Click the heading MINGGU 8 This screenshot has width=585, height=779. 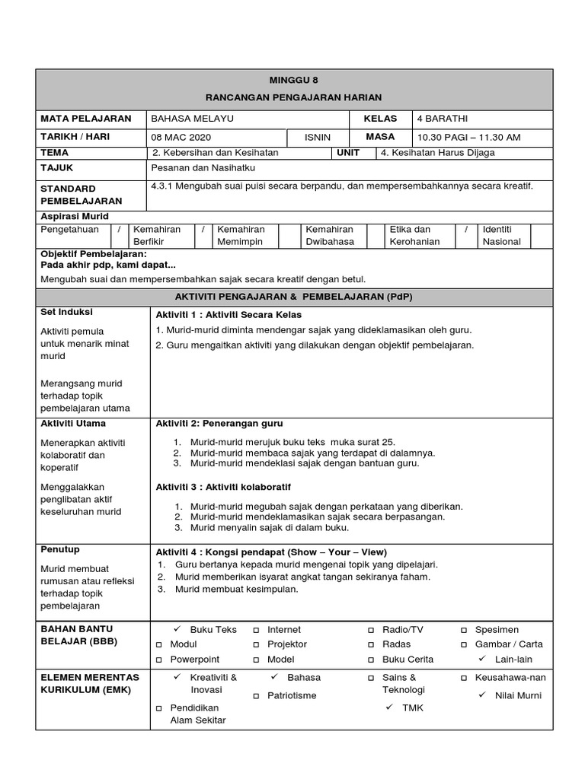293,80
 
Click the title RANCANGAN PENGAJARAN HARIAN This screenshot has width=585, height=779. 293,97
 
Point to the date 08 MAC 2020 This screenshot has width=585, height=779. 181,138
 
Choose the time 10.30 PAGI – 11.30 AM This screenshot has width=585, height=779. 468,138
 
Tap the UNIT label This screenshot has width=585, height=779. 347,152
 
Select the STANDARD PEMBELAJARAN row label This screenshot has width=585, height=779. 80,195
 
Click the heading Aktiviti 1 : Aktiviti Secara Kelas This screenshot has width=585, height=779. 229,315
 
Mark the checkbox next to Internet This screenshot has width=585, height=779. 257,631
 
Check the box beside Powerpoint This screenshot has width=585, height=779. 160,660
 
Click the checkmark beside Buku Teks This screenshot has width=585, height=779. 177,629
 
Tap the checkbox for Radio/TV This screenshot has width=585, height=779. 371,631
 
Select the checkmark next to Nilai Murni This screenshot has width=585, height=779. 481,695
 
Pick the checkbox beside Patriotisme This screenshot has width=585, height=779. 257,696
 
